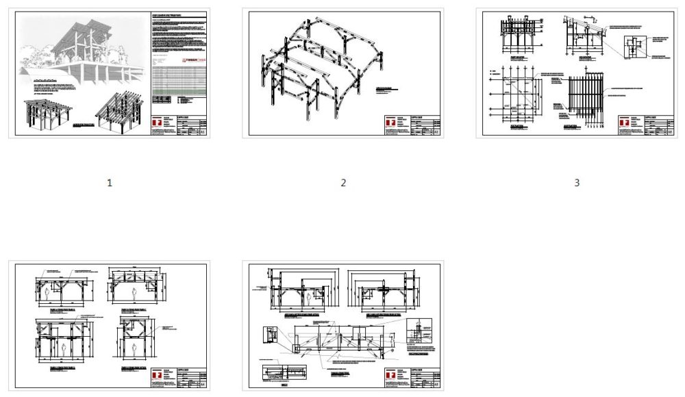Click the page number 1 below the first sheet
(109, 183)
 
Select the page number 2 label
(343, 183)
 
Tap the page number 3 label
(577, 183)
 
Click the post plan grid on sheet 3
(514, 97)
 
